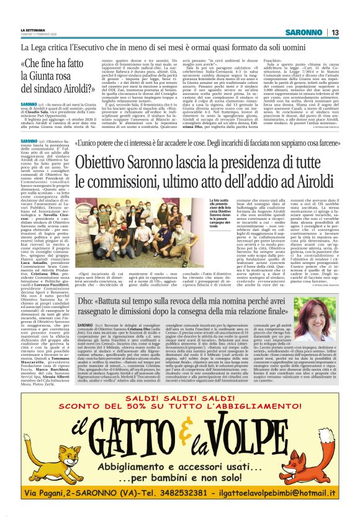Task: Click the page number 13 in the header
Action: pos(335,32)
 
